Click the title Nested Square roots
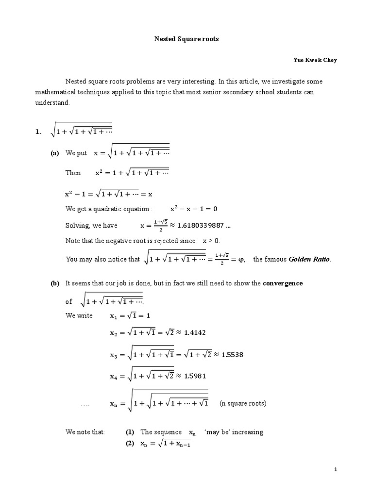click(186, 39)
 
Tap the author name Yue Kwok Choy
click(315, 60)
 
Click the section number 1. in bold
click(38, 132)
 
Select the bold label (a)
click(55, 153)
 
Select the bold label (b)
click(55, 283)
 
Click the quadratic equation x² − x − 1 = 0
click(194, 209)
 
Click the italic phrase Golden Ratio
click(309, 260)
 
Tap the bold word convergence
click(283, 283)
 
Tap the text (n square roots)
click(243, 403)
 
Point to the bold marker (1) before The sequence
click(130, 432)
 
